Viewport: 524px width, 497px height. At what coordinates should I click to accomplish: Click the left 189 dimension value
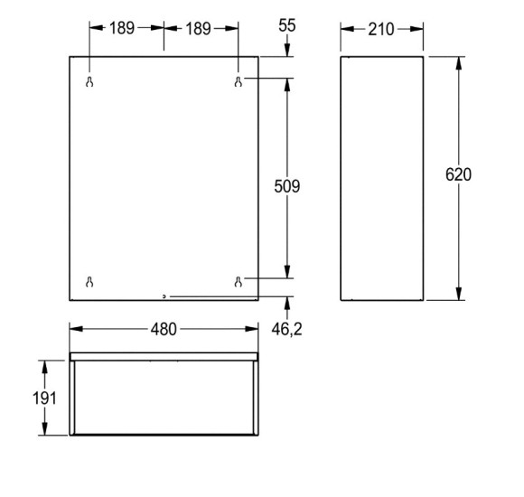122,28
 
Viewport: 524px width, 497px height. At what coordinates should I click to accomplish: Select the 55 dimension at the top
287,25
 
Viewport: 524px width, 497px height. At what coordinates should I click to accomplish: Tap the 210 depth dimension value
381,30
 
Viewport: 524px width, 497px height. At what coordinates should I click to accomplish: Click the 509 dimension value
287,186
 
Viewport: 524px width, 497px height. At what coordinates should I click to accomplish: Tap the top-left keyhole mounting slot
89,82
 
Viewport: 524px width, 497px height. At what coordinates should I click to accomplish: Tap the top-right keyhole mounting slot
239,82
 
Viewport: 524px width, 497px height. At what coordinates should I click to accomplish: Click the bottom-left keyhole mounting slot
89,282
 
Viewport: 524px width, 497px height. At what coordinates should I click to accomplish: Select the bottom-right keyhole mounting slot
239,282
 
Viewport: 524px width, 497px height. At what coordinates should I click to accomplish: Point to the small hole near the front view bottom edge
164,295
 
